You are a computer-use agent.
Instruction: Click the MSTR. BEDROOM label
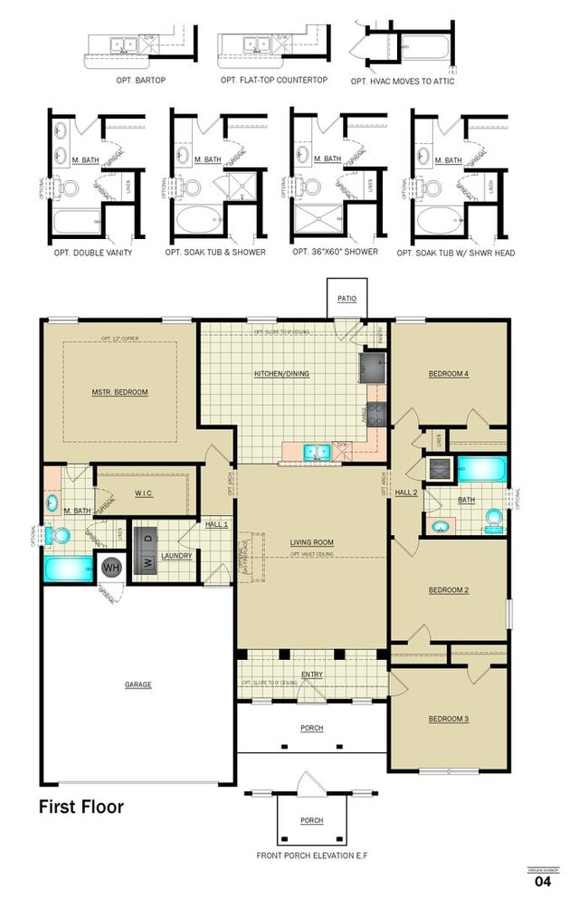point(119,392)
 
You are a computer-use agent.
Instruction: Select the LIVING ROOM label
point(312,542)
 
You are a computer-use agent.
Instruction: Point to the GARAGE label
point(138,684)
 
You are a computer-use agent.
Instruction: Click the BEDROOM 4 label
point(448,373)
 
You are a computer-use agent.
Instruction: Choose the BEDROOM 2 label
point(448,590)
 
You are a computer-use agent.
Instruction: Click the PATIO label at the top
point(346,298)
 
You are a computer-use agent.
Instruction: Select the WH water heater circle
point(110,568)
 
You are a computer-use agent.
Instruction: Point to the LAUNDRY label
point(176,555)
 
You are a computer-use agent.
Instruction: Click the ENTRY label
point(311,675)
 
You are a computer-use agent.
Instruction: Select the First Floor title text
point(81,806)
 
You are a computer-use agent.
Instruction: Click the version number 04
point(543,880)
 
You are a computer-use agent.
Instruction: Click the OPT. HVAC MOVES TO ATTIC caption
point(403,81)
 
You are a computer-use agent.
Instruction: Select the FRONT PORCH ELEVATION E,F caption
point(312,855)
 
